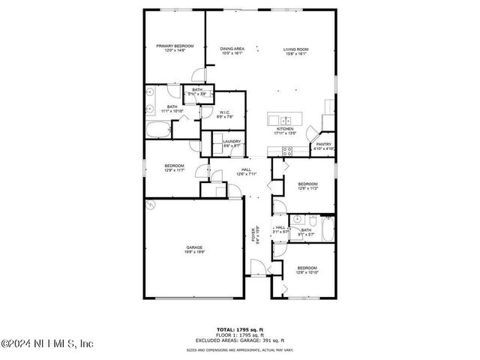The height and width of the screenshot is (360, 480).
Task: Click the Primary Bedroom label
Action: click(x=175, y=49)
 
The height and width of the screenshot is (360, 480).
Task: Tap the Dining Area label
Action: click(x=232, y=51)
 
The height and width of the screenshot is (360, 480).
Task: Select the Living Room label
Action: click(x=295, y=51)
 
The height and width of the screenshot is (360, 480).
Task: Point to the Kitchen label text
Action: click(x=285, y=130)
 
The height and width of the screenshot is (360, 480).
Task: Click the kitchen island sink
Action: click(x=286, y=120)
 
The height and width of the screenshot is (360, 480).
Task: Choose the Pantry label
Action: click(x=323, y=146)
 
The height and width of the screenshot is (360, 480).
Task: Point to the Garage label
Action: click(x=194, y=249)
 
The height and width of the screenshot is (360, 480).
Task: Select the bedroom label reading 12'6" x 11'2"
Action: click(x=307, y=186)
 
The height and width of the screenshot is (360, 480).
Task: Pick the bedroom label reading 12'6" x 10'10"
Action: click(x=307, y=270)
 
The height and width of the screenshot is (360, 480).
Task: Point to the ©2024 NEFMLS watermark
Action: click(x=46, y=344)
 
